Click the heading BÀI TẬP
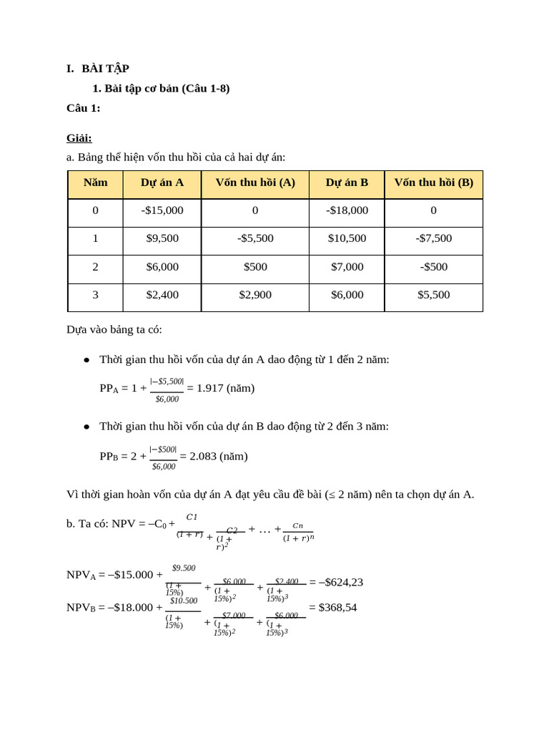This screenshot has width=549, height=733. [x=105, y=69]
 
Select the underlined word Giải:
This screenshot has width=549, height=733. [x=79, y=138]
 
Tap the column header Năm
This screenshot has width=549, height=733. [x=95, y=183]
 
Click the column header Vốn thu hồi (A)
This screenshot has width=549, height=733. [x=255, y=183]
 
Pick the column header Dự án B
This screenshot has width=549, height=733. [x=347, y=183]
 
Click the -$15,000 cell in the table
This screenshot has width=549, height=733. [x=162, y=210]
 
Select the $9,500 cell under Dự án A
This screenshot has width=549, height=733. [x=162, y=238]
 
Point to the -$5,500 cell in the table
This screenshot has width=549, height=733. [x=255, y=238]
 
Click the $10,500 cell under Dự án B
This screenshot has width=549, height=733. [x=347, y=238]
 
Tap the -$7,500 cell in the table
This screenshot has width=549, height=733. [x=433, y=238]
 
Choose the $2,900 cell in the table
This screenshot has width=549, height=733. [x=255, y=295]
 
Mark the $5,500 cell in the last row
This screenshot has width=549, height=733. [x=433, y=295]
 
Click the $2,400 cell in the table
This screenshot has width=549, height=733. [x=162, y=295]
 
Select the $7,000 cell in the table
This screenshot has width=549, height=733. [x=347, y=267]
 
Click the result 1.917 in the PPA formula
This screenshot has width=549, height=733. [x=210, y=388]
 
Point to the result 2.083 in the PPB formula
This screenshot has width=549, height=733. [x=203, y=457]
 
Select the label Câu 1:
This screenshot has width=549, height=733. [x=84, y=108]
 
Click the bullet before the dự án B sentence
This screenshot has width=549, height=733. [x=86, y=427]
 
